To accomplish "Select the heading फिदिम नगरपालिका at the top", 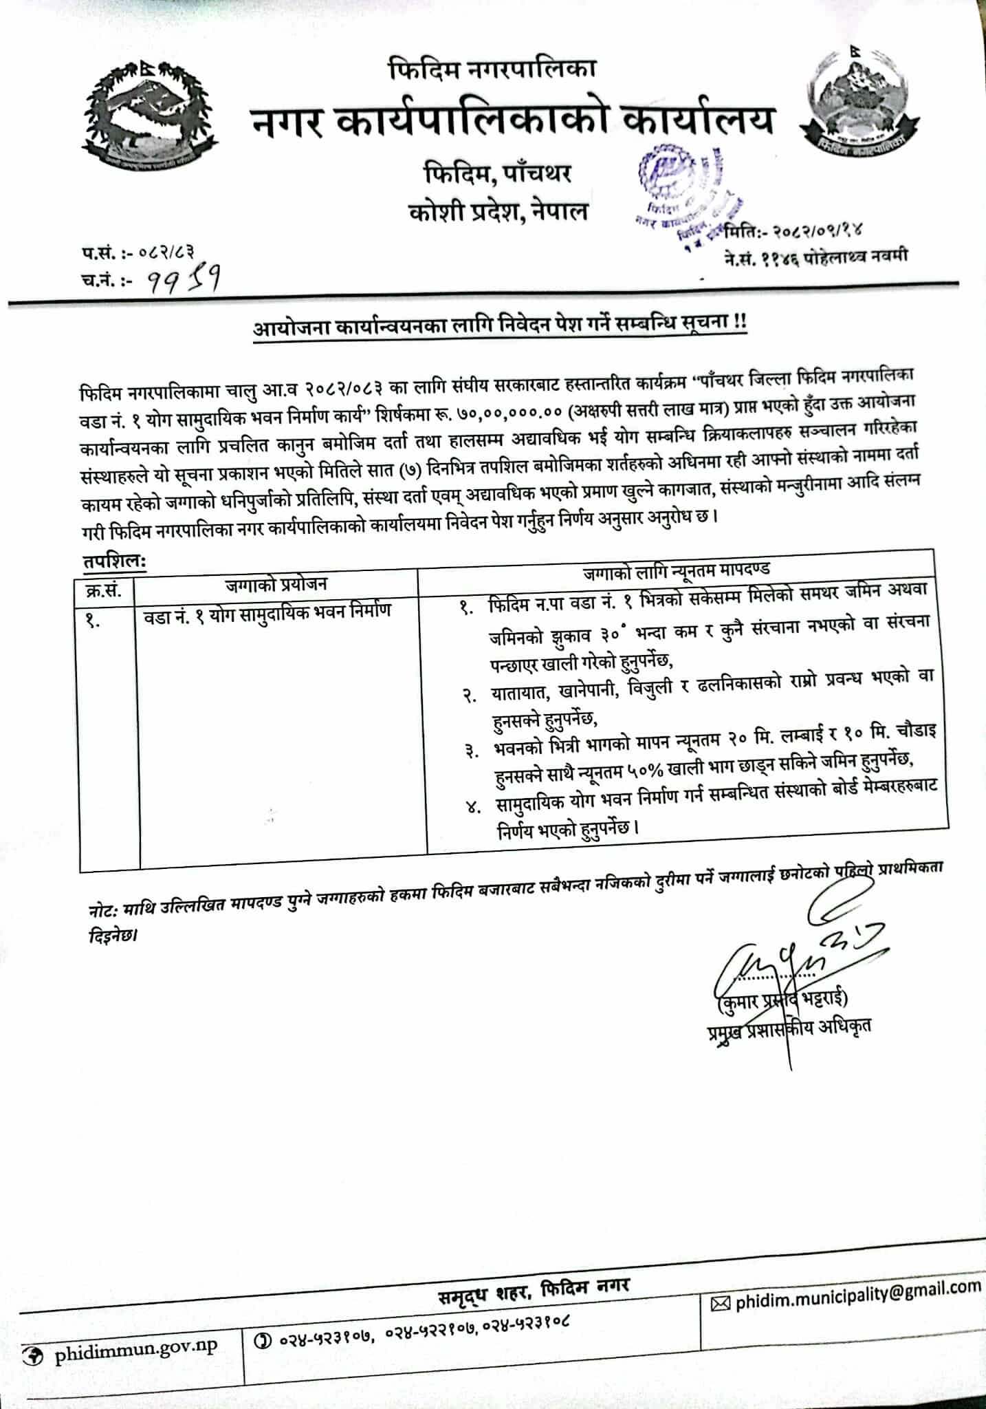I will point(492,68).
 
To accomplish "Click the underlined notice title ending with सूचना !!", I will point(499,325).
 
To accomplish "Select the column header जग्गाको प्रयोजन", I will point(276,585).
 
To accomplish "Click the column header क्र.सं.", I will point(104,590).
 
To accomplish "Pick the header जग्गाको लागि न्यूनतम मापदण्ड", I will point(677,570).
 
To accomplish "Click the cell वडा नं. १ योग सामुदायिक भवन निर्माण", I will point(267,610).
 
